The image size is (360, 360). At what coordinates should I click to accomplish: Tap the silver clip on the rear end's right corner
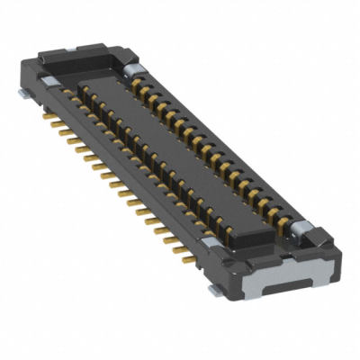click(x=132, y=69)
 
